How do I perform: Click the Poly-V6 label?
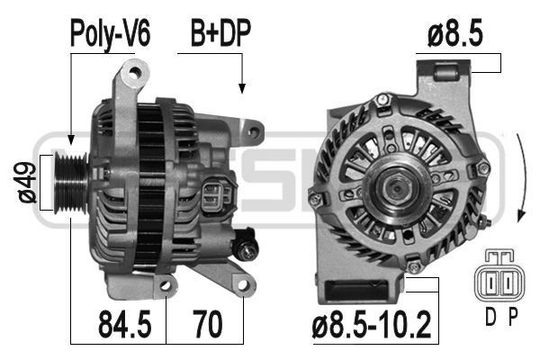110,35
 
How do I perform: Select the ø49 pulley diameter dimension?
27,184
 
